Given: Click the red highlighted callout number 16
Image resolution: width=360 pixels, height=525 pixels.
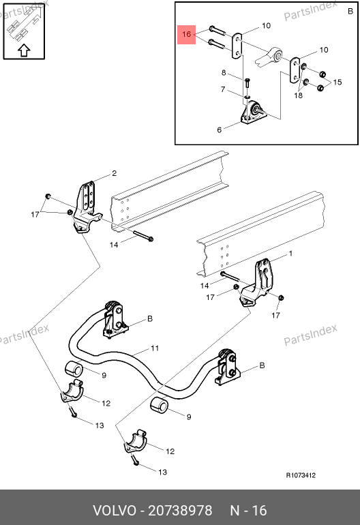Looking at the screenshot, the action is [x=187, y=34].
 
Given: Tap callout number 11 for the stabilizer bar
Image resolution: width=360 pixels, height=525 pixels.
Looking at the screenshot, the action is [x=155, y=348].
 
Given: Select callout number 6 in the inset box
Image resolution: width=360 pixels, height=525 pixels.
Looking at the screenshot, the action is [x=220, y=130].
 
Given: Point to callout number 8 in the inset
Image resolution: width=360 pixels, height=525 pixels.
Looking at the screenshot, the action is [x=224, y=73].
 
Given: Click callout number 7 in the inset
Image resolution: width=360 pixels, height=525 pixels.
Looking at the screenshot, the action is [x=223, y=89].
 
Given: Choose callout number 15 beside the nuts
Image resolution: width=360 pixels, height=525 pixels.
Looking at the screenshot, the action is [x=337, y=82].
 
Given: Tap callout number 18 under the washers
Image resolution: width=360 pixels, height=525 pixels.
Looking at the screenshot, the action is [x=298, y=95].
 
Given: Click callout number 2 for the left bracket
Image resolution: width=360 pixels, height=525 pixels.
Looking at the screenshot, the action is [x=114, y=173].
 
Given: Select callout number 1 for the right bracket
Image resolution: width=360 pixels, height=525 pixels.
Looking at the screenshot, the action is [x=290, y=254].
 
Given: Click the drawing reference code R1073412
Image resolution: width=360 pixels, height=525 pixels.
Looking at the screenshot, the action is [x=301, y=475].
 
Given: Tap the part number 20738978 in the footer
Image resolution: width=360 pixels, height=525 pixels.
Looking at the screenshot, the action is [x=180, y=511].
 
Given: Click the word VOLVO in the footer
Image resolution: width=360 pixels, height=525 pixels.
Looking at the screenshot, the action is [x=115, y=511].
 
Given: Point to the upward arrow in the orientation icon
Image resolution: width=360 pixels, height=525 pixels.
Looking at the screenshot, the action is [x=24, y=50].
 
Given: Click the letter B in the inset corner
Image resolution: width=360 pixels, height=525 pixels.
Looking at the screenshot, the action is [x=350, y=11].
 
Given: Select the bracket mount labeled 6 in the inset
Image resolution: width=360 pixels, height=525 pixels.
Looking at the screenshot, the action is [x=253, y=112].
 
